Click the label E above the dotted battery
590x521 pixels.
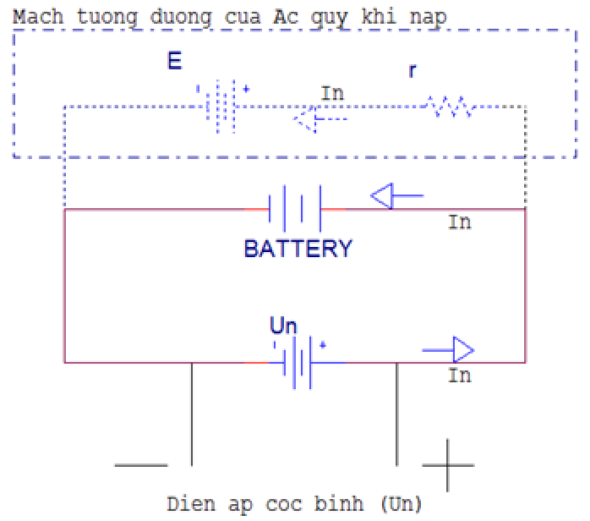pyautogui.click(x=175, y=63)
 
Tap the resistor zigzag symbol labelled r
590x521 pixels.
pyautogui.click(x=450, y=107)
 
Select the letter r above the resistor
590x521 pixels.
pyautogui.click(x=412, y=71)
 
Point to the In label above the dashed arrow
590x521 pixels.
pyautogui.click(x=332, y=93)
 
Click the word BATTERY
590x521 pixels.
pyautogui.click(x=298, y=249)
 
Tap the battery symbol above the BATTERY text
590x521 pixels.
pyautogui.click(x=295, y=208)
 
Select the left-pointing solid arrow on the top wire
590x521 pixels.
pyautogui.click(x=396, y=198)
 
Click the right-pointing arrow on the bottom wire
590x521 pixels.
pyautogui.click(x=448, y=348)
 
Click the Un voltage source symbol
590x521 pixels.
pyautogui.click(x=297, y=362)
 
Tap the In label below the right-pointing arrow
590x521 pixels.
pyautogui.click(x=459, y=375)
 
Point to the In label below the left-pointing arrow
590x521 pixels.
pyautogui.click(x=459, y=222)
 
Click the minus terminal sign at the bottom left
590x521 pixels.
pyautogui.click(x=140, y=464)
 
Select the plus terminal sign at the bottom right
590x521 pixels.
pyautogui.click(x=447, y=465)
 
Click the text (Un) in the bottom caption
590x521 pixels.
pyautogui.click(x=400, y=504)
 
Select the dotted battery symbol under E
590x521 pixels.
pyautogui.click(x=221, y=107)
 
